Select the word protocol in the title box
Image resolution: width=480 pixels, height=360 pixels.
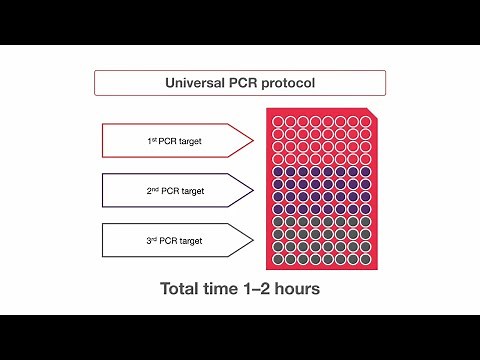(285, 83)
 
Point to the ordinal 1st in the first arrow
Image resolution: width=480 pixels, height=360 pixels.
(151, 141)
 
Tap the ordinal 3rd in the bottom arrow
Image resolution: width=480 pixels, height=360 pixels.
(151, 239)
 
